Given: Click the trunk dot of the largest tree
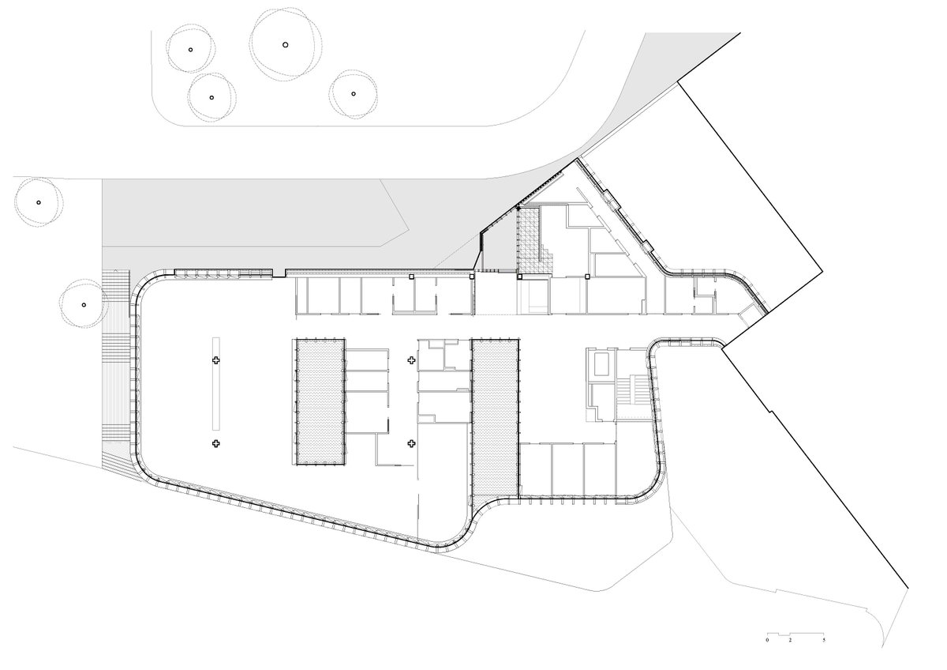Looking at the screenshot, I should tap(285, 44).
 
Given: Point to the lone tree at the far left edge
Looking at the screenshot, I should tap(36, 201).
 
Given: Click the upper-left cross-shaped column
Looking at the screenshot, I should tap(215, 360).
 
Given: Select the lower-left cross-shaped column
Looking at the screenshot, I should tap(215, 444).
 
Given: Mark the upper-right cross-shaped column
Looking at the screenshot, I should tap(411, 360).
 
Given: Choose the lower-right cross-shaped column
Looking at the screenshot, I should tap(411, 444).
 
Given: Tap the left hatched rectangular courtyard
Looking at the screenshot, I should tap(320, 401).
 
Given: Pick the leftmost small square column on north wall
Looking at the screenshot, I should tap(411, 277).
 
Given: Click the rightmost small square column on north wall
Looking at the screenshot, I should tap(587, 277).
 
